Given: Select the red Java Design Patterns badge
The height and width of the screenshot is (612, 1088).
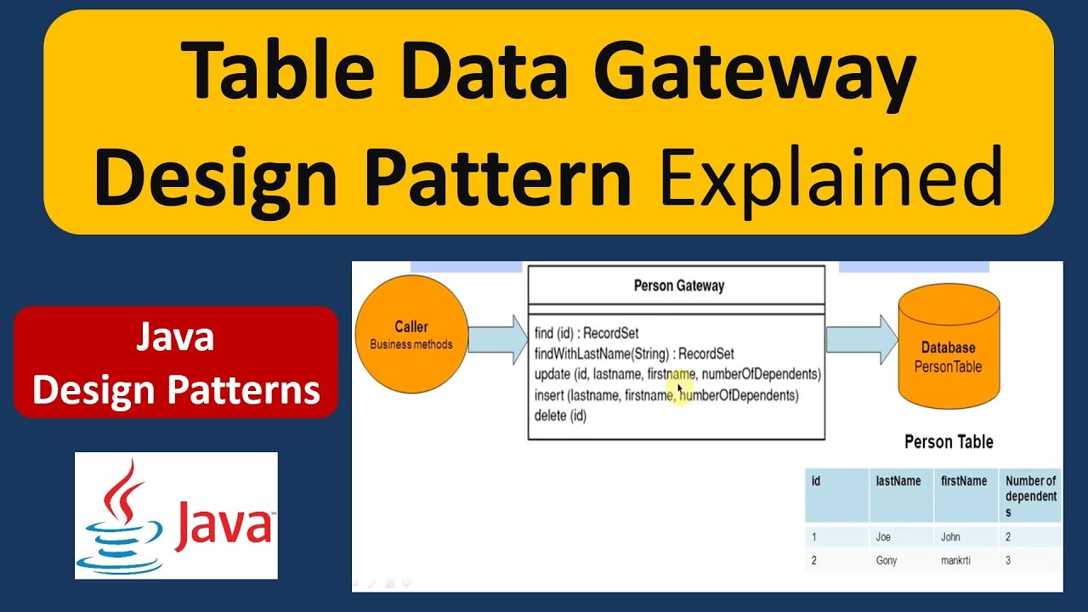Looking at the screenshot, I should pyautogui.click(x=176, y=363).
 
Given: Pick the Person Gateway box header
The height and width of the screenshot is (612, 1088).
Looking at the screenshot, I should pyautogui.click(x=677, y=286).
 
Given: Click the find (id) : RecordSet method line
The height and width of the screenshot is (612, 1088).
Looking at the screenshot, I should pyautogui.click(x=586, y=333).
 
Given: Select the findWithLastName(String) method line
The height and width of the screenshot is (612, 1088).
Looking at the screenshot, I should pyautogui.click(x=634, y=354).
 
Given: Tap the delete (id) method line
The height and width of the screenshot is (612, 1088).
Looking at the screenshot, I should pyautogui.click(x=560, y=416).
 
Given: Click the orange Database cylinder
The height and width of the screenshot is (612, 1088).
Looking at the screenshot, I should pyautogui.click(x=949, y=349).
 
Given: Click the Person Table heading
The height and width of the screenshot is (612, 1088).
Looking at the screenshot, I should pyautogui.click(x=949, y=442).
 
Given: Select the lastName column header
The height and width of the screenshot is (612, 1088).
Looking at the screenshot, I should pyautogui.click(x=898, y=482).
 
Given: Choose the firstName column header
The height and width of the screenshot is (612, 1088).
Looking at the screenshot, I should pyautogui.click(x=964, y=482).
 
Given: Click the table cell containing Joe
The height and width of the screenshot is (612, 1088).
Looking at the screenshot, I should pyautogui.click(x=884, y=537).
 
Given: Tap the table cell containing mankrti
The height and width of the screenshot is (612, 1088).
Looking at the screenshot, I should pyautogui.click(x=956, y=561).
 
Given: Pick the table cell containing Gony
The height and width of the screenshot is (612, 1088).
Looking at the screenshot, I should pyautogui.click(x=887, y=561).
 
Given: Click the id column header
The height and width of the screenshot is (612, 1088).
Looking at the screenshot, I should pyautogui.click(x=816, y=482).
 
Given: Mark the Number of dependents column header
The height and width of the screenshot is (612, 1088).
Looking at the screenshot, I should pyautogui.click(x=1030, y=496).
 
